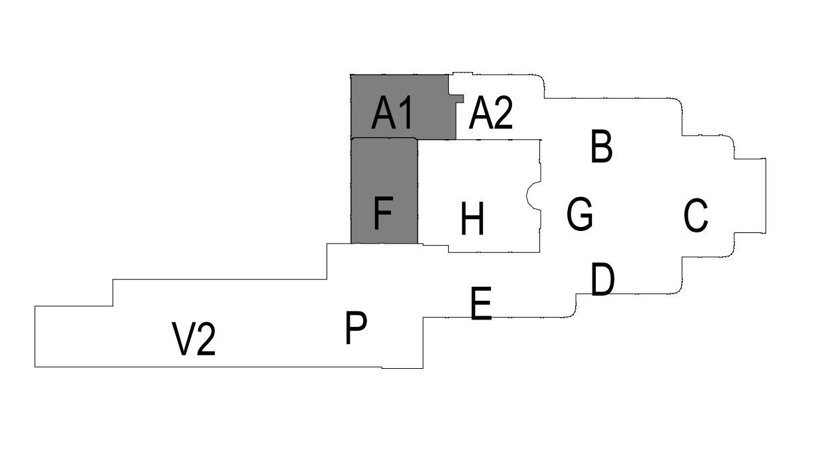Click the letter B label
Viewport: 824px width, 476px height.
pyautogui.click(x=601, y=147)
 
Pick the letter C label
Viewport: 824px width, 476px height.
pyautogui.click(x=696, y=216)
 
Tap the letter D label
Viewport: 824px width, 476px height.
pyautogui.click(x=603, y=280)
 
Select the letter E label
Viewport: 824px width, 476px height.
pyautogui.click(x=481, y=304)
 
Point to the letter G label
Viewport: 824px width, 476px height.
pyautogui.click(x=580, y=214)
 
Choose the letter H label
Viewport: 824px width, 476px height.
pyautogui.click(x=472, y=220)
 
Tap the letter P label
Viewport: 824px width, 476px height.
pyautogui.click(x=356, y=328)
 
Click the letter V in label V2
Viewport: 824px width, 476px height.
pyautogui.click(x=184, y=339)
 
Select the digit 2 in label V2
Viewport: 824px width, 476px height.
pyautogui.click(x=206, y=339)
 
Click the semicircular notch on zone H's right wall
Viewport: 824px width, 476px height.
pyautogui.click(x=533, y=195)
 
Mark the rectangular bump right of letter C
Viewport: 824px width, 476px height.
pyautogui.click(x=750, y=196)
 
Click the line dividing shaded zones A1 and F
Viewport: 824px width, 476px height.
pyautogui.click(x=384, y=138)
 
